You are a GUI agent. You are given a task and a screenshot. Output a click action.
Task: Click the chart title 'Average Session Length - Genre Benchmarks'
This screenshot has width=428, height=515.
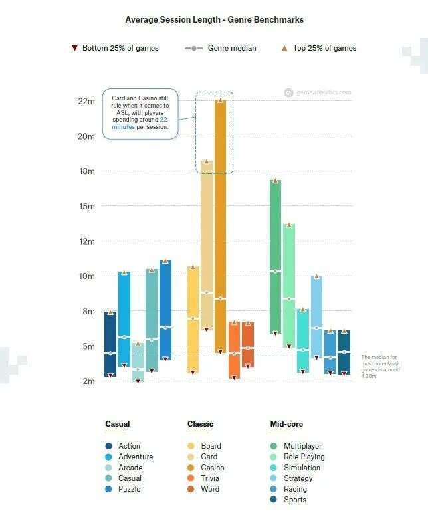coord(214,20)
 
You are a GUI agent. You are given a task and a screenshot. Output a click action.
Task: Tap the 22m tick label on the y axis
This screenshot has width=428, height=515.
coord(86,101)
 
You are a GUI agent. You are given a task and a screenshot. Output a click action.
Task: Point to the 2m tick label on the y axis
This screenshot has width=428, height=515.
coord(88,381)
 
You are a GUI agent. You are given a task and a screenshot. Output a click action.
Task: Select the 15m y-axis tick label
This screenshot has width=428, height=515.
coord(86,206)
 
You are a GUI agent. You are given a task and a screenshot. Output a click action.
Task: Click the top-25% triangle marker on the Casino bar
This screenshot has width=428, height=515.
coord(221,100)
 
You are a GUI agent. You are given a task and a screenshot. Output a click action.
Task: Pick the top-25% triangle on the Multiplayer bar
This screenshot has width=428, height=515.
coord(275,181)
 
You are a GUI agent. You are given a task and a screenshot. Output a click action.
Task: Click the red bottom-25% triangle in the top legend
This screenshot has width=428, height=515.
coord(74,49)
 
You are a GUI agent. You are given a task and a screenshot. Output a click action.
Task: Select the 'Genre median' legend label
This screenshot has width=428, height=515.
coord(232,48)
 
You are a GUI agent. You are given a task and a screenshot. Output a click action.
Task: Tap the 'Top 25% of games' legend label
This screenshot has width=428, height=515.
coord(325,48)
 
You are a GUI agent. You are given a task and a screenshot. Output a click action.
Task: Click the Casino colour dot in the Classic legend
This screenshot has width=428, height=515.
coord(191,468)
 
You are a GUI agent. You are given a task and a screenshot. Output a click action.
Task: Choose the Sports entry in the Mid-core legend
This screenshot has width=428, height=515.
coord(294,500)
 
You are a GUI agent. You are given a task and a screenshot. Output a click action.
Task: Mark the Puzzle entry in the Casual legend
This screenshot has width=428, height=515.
coord(129,489)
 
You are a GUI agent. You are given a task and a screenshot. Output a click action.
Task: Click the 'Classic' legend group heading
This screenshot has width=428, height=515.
coord(200,424)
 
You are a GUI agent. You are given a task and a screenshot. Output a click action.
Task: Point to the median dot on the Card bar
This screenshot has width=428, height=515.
coord(207,292)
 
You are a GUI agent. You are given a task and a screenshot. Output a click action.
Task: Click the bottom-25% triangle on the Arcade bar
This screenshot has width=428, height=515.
coord(138,381)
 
